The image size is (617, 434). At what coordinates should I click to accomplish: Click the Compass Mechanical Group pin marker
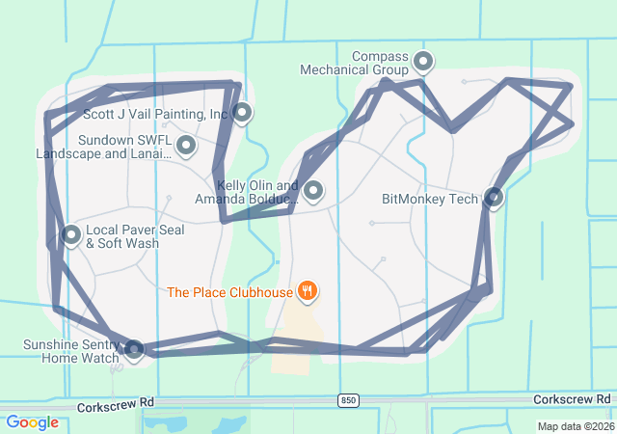422,63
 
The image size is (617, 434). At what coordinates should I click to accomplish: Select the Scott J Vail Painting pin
242,113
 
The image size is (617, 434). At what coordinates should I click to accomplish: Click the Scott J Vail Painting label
155,114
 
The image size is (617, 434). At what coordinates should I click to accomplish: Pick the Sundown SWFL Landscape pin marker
186,146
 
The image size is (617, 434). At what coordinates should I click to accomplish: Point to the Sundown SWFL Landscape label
103,147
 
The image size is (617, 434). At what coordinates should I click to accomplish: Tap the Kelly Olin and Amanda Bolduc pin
312,191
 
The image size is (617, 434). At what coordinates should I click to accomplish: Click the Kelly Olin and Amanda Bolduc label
247,192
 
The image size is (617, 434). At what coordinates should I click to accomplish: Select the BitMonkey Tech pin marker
493,197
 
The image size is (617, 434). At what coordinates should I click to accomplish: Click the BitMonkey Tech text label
430,200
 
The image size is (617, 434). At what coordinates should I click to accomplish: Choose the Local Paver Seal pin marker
70,234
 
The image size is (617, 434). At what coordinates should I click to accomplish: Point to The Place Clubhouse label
229,291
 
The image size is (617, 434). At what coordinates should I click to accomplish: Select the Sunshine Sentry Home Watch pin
134,349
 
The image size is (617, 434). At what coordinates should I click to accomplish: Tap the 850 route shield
348,399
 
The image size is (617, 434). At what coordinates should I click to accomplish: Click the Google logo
32,422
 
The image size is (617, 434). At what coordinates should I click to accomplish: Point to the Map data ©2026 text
575,426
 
